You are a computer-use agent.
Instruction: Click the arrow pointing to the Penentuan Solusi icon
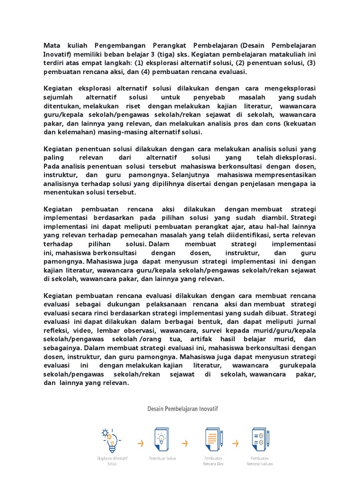pos(139,442)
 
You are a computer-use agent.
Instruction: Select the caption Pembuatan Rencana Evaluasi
pos(260,461)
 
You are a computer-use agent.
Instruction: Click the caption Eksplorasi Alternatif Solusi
pos(112,461)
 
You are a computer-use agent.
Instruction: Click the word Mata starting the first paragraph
pos(52,45)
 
